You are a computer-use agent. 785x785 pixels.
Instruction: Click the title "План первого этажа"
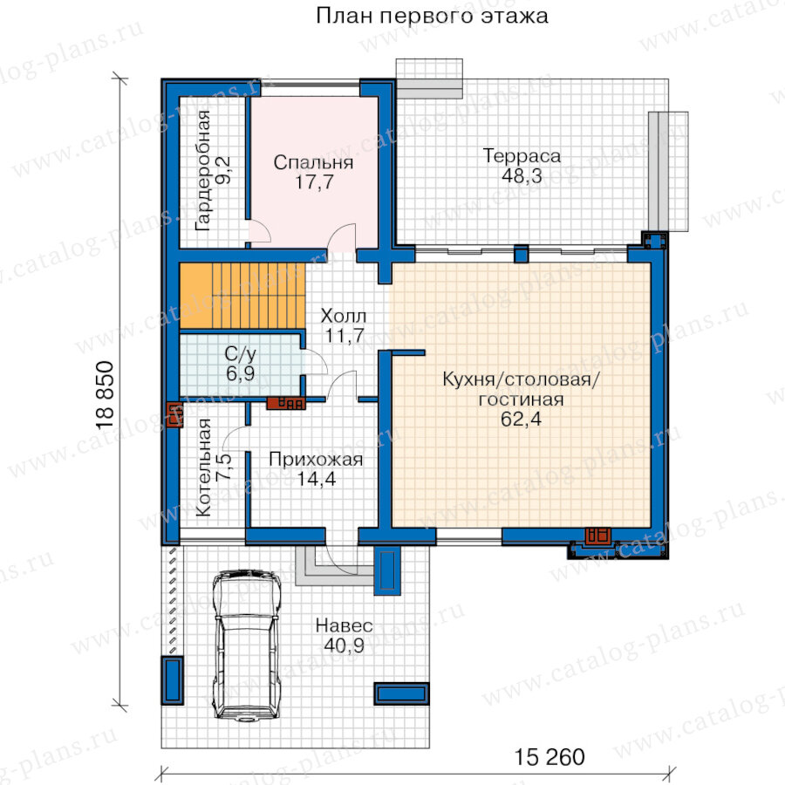pos(432,16)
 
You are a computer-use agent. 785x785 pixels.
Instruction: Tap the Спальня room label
pos(313,162)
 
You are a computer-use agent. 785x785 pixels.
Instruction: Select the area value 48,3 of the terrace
pos(522,175)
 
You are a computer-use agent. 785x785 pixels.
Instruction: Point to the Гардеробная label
pos(202,170)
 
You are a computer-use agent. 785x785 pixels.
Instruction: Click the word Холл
pos(344,316)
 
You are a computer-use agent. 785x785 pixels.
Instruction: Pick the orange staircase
pos(242,296)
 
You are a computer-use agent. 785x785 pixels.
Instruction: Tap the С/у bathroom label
pos(241,354)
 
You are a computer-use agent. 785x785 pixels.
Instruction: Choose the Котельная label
pos(203,468)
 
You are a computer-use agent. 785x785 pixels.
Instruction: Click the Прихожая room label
pos(316,459)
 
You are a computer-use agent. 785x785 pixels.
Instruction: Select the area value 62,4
pos(522,419)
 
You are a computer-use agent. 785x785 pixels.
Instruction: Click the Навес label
pos(344,625)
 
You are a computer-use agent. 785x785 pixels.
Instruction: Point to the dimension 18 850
pos(106,395)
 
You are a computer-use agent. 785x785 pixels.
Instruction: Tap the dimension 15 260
pos(549,757)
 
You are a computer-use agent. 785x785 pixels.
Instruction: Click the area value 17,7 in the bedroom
pos(314,181)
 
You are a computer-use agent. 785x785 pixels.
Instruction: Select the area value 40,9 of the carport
pos(344,645)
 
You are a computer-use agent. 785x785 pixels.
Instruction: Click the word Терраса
pos(522,156)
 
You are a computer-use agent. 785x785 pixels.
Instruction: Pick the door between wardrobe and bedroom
pos(260,231)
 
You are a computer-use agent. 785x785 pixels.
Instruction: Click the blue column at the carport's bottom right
pos(401,694)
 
